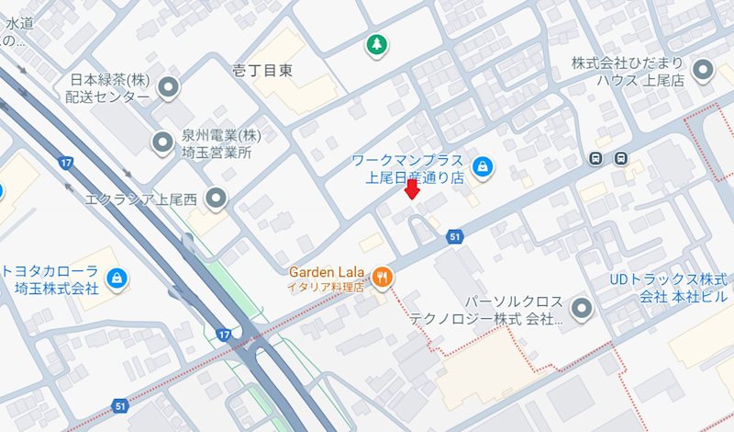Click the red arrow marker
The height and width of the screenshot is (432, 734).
coord(412,189)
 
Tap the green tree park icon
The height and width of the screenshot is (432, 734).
coord(375,44)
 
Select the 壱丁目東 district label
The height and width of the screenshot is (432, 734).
coord(262,70)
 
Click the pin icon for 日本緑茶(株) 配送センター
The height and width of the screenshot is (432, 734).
coord(169,88)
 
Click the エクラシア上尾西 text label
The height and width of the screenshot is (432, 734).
coord(142,198)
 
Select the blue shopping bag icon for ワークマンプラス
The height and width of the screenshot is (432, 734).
coord(482,166)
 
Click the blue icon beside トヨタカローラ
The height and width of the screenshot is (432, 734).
coord(115,277)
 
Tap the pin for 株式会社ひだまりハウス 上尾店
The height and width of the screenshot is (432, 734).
coord(704,70)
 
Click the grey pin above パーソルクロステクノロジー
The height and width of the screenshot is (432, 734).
coord(582,307)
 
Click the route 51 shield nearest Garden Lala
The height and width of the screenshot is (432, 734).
coord(453,238)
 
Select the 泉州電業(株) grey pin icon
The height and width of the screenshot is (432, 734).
coord(162,142)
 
